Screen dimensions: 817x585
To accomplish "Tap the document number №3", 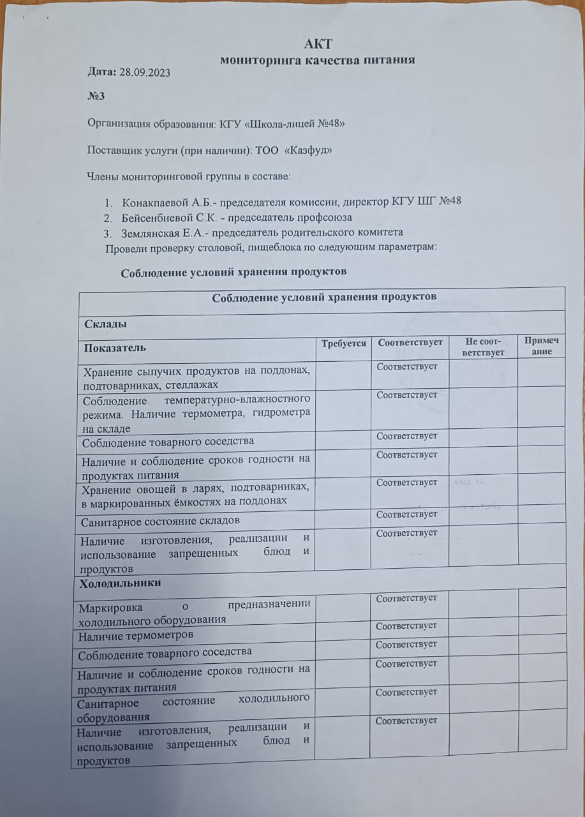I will (x=96, y=96).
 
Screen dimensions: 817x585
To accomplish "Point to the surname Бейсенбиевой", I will (x=157, y=217).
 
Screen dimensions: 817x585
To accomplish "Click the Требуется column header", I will (x=343, y=343).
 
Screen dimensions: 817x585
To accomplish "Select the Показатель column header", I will (x=113, y=349).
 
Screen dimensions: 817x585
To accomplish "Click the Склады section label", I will (x=105, y=324).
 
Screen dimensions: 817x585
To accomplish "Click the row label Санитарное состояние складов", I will (x=161, y=521).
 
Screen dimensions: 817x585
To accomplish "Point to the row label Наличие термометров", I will (x=135, y=636).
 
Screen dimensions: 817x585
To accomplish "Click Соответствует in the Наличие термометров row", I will (x=406, y=626).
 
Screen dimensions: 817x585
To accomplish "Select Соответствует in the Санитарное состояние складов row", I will (x=407, y=514).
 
